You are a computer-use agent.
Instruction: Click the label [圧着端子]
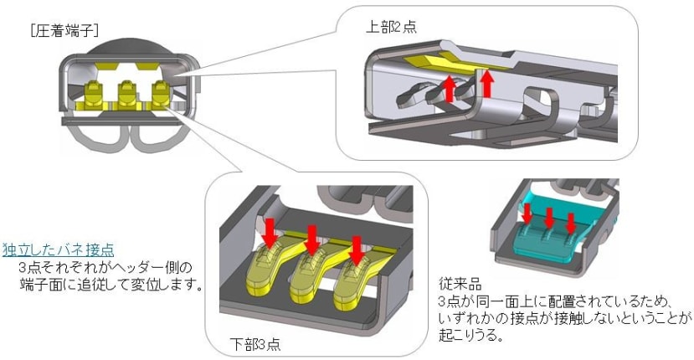pos(64,31)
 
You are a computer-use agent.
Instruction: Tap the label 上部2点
pos(392,27)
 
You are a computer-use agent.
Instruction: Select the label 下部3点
pos(254,343)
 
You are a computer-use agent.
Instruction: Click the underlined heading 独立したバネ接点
pos(58,250)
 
